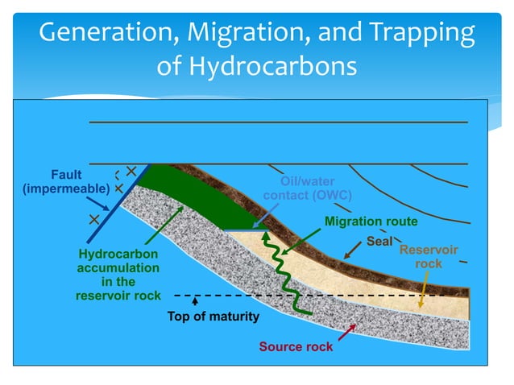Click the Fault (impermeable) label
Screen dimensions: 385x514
(x=66, y=182)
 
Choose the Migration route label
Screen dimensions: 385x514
(x=371, y=221)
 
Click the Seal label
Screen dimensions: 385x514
(x=379, y=241)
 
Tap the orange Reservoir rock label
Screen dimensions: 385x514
(x=429, y=257)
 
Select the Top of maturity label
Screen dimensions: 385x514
(x=213, y=317)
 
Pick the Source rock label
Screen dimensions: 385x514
(x=296, y=347)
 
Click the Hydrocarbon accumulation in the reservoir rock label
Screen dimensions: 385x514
(x=118, y=275)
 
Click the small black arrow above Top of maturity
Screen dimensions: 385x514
(x=196, y=302)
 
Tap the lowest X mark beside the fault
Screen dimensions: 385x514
(x=94, y=218)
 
